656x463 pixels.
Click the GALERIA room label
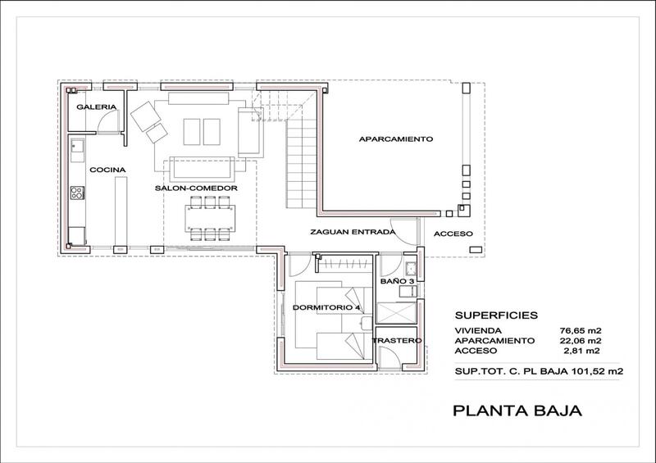(x=96, y=107)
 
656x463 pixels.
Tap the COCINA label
(x=107, y=170)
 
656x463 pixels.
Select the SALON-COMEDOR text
(x=196, y=188)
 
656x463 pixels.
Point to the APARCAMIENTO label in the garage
(x=396, y=138)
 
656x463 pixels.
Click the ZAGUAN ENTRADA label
(x=353, y=232)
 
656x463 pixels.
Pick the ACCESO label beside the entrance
(x=453, y=234)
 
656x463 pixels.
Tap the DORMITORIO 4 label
(x=326, y=307)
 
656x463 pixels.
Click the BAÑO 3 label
(x=397, y=281)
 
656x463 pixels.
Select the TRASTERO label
(x=397, y=340)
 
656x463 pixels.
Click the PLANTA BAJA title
(x=517, y=411)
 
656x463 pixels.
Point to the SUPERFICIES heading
(x=496, y=315)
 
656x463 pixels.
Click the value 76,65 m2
(x=581, y=331)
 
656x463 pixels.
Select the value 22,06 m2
(x=581, y=341)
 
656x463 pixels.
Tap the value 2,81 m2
(x=582, y=351)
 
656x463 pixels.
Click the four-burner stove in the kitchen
(x=77, y=193)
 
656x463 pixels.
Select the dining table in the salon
(x=210, y=218)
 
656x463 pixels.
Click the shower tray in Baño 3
(x=396, y=313)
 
